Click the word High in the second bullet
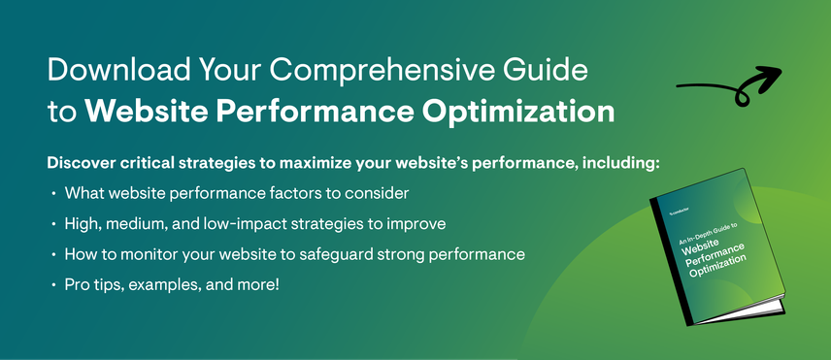pyautogui.click(x=83, y=224)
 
